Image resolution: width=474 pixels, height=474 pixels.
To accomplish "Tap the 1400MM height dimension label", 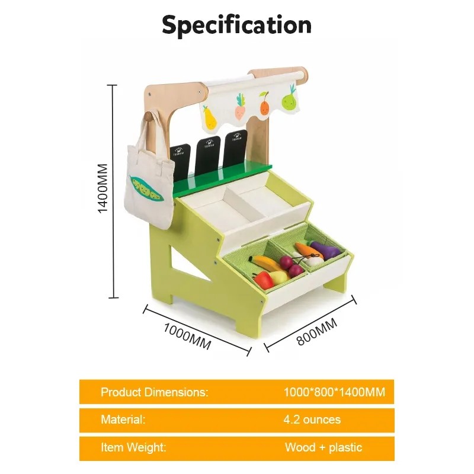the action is tap(103, 188).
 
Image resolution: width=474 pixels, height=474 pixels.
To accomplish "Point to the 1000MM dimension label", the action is tap(187, 336).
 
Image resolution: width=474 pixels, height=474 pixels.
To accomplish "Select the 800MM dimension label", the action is tap(317, 332).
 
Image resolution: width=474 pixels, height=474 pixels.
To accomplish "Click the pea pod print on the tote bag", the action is tap(146, 189).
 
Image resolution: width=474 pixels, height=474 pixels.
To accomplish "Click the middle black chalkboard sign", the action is tap(207, 155).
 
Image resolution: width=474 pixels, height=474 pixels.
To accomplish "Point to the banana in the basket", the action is tap(265, 263).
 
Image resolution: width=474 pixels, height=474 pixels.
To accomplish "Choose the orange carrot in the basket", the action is tap(309, 251).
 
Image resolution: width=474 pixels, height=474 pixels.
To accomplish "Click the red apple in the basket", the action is tap(263, 280).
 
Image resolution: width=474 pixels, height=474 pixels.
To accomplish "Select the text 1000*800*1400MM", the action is tap(334, 392).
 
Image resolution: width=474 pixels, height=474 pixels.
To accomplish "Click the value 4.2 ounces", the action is tap(312, 419).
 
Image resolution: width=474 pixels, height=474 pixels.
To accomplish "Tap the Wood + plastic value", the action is tap(324, 447).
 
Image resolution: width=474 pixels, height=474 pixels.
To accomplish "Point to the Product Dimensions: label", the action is tap(155, 392).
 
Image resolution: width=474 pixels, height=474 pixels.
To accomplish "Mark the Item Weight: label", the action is tap(133, 447).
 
